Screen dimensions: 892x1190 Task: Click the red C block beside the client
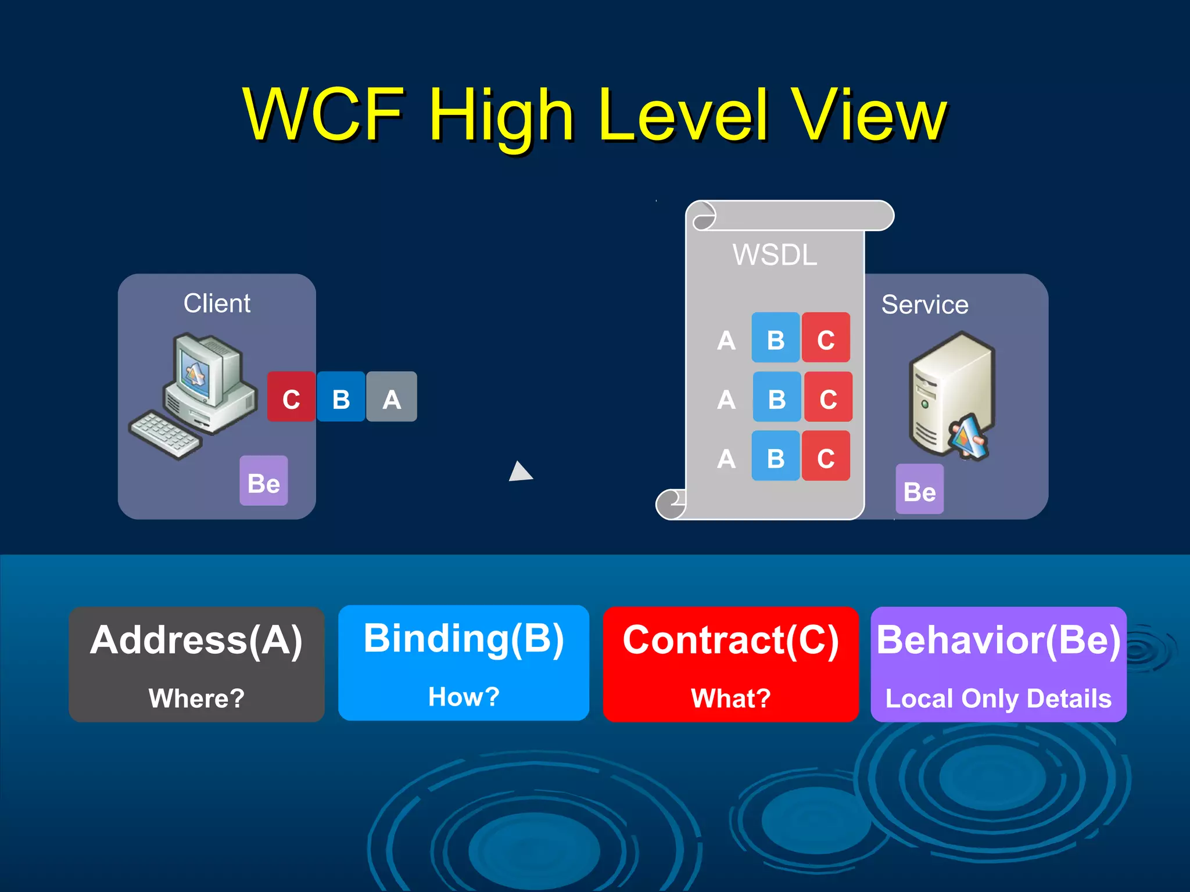pos(291,397)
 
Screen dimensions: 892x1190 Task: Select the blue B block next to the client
pos(341,397)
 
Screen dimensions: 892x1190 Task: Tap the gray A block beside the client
pos(392,397)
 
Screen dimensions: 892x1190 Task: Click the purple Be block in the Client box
pos(264,481)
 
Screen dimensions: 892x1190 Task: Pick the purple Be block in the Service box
pos(919,490)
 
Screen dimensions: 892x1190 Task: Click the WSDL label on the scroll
pos(775,255)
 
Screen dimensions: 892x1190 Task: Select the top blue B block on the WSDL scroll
pos(776,338)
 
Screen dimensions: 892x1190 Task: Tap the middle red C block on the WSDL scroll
pos(828,397)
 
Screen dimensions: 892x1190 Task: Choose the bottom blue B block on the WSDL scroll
pos(776,456)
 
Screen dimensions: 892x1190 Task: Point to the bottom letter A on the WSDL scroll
pos(726,459)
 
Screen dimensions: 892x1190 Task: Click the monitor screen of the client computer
pos(196,372)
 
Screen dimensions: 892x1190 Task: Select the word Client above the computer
pos(217,303)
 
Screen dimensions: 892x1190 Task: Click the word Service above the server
pos(924,305)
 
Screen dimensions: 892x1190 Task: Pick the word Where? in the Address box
pos(196,698)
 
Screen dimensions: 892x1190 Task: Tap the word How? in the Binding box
pos(464,696)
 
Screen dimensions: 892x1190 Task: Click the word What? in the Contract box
pos(730,698)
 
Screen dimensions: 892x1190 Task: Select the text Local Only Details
pos(998,699)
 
